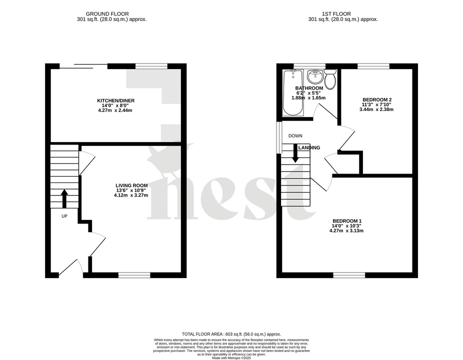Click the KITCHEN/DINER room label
click(115, 100)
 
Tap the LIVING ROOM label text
click(130, 185)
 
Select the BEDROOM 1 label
click(347, 221)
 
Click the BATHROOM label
click(309, 88)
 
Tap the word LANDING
click(309, 147)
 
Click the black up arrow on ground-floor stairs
click(64, 198)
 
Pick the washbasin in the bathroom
click(315, 77)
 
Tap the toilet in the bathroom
click(330, 78)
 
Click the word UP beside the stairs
click(64, 216)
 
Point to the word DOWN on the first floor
click(295, 136)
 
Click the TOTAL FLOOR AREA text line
click(231, 334)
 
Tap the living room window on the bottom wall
click(134, 274)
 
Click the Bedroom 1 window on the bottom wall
click(349, 274)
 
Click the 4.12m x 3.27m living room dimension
click(130, 195)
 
